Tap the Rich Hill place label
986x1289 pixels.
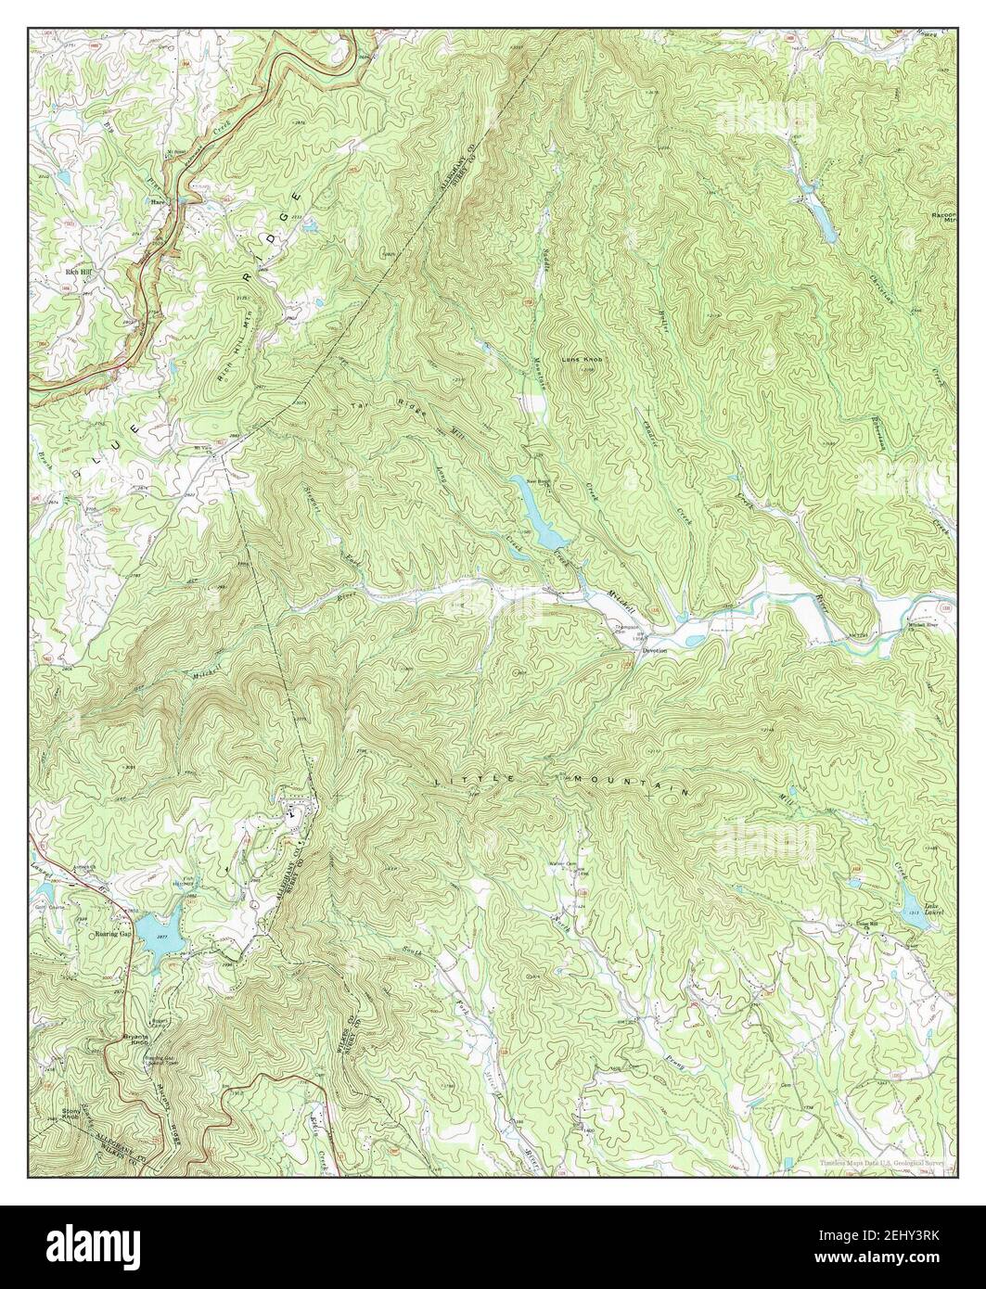point(78,273)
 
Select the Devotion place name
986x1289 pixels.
point(655,651)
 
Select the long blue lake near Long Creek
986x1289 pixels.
point(536,512)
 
